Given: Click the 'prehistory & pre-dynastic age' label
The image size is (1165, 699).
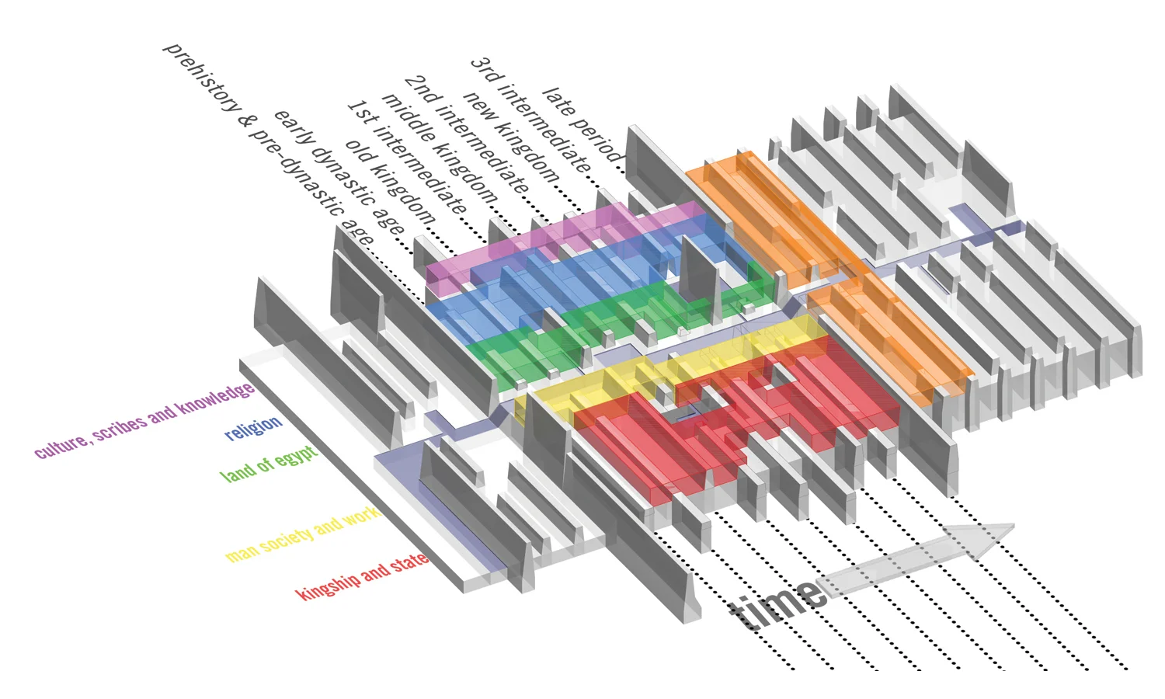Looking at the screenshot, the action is pos(269,144).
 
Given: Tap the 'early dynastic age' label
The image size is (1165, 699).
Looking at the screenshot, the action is pos(339,172).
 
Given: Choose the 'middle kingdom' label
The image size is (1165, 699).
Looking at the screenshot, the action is pos(440,148).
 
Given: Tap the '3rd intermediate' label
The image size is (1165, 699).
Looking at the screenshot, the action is pos(530,115).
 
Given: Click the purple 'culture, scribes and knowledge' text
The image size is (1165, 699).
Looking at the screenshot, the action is pos(144,420).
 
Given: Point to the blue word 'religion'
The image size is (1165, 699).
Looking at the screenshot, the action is pos(253,428).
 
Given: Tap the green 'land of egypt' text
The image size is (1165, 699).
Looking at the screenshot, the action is pos(269,464).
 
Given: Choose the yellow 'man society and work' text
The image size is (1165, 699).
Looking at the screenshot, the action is pos(303,534).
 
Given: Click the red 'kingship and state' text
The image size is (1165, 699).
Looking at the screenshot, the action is pos(362,576).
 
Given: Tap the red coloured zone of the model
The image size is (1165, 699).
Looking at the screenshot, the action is pos(739,416).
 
